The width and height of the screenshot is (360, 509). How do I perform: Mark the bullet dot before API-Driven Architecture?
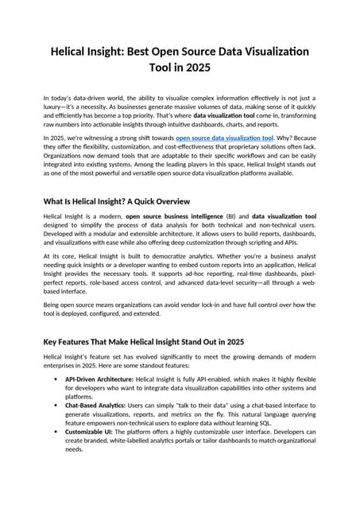52,379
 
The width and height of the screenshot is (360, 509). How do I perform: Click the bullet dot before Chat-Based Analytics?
52,405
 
